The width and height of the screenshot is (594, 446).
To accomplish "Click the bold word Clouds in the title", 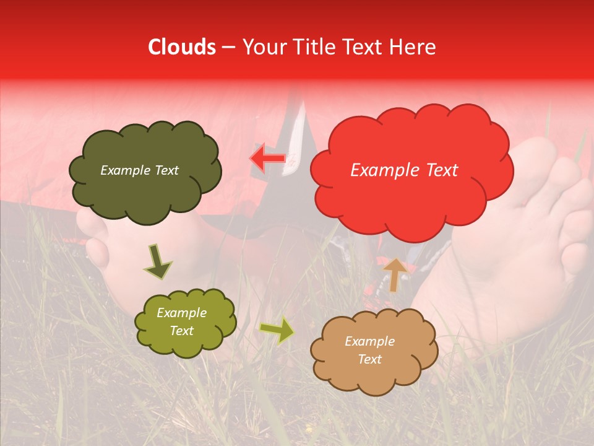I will click(x=181, y=47).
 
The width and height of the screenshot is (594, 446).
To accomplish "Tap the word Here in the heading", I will click(x=415, y=47).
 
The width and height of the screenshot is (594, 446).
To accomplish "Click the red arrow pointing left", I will click(x=267, y=158).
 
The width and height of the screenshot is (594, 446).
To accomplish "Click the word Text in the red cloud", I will click(x=439, y=170).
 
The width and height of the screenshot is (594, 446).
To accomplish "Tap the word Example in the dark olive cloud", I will click(x=124, y=170).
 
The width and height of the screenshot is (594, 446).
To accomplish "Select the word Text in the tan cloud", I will click(x=369, y=359).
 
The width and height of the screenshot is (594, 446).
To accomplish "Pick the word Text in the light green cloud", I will click(x=181, y=331).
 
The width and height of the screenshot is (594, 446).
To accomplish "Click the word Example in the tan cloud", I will click(x=369, y=341).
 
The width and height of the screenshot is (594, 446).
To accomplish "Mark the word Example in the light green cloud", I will click(x=181, y=313).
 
